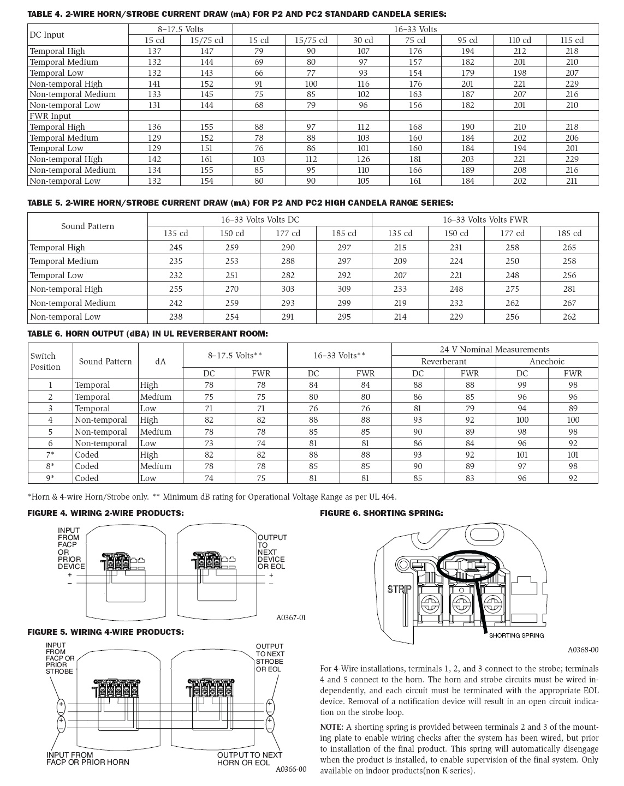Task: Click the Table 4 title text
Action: click(236, 14)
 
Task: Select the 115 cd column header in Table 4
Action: click(572, 40)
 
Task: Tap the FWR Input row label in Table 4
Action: click(50, 116)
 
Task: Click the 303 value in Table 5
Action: click(288, 289)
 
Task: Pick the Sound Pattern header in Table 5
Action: click(87, 226)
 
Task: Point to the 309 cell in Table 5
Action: click(344, 289)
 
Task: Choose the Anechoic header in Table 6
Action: click(546, 362)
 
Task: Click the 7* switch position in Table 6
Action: click(50, 455)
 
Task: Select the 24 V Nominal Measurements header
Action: click(495, 350)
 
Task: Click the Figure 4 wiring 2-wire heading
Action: click(105, 513)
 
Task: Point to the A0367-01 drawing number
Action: click(290, 617)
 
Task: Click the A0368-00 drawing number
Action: click(583, 650)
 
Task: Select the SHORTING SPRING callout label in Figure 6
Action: click(516, 635)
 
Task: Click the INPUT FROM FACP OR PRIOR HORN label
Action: click(87, 758)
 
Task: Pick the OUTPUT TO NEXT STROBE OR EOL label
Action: click(270, 657)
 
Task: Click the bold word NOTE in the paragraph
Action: click(331, 727)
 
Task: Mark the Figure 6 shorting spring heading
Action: click(381, 513)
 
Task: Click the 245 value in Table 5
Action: click(176, 248)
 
